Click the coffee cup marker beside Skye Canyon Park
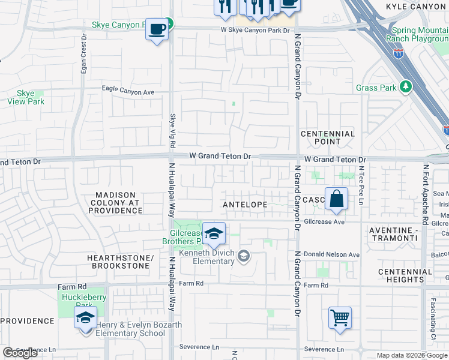pos(157,29)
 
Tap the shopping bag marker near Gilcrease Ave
pos(337,199)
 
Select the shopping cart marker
pos(340,317)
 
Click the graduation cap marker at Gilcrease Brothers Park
pos(214,234)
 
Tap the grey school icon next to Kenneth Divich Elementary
pos(243,257)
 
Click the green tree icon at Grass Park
pos(406,88)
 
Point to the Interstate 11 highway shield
pos(399,53)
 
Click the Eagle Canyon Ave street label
pos(128,92)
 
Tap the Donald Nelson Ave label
pos(331,255)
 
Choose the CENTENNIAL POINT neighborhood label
pos(328,138)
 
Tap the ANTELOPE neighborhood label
pos(245,205)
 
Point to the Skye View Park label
pos(26,98)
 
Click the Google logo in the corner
pos(20,353)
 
